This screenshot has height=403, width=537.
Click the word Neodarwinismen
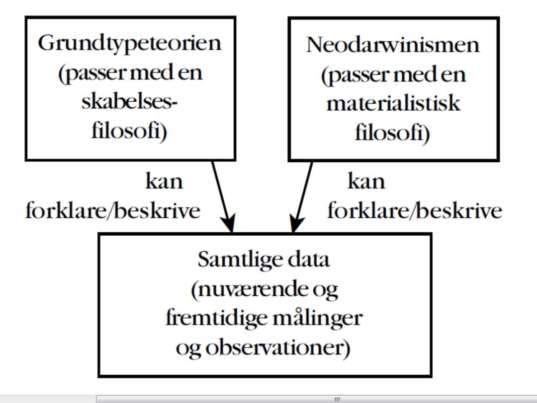pos(393,45)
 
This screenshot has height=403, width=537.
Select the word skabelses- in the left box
pos(129,102)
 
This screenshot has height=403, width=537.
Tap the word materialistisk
pos(393,103)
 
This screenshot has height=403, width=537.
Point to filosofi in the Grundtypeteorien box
pos(129,131)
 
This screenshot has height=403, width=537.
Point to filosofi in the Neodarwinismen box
pos(392,133)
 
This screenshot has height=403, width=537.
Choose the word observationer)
pos(278,348)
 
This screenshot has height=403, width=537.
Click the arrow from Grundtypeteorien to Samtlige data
pos(223,197)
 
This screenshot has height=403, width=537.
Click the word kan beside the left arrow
pos(164,181)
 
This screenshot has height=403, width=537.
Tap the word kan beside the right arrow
pos(366,181)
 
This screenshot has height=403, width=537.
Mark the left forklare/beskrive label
pos(113,211)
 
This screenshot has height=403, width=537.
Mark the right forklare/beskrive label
pos(415,211)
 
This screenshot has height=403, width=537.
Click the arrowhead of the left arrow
pos(228,223)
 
